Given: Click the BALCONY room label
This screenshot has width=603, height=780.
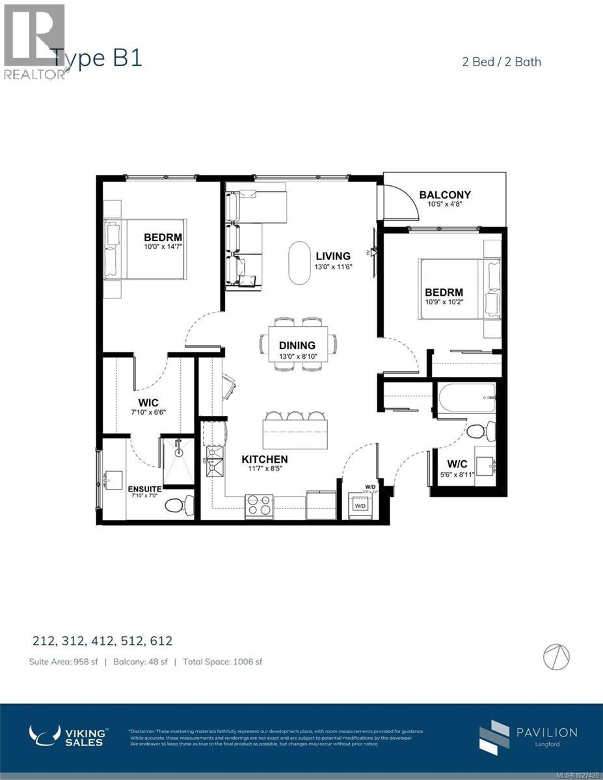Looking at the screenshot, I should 445,194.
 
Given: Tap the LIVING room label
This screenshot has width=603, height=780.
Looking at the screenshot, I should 332,256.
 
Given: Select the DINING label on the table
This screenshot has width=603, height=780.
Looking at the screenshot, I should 297,346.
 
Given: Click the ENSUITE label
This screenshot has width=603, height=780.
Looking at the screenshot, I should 144,489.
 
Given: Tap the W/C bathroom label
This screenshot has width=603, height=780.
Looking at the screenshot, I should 457,465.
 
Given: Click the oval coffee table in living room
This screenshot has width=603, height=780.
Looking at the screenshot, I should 299,263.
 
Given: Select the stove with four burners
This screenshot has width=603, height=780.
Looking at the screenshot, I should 258,506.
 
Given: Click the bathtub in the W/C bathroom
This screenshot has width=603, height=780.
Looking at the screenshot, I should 466,397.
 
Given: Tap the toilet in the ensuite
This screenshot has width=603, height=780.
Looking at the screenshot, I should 180,505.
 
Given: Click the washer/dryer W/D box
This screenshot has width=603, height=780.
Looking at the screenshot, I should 360,505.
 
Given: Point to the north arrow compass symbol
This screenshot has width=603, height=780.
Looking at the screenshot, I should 557,656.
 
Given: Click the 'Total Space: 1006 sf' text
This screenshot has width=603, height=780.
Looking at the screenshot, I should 222,662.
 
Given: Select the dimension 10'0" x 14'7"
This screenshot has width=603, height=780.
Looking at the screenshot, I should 154,246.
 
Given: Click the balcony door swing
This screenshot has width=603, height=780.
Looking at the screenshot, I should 398,201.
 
